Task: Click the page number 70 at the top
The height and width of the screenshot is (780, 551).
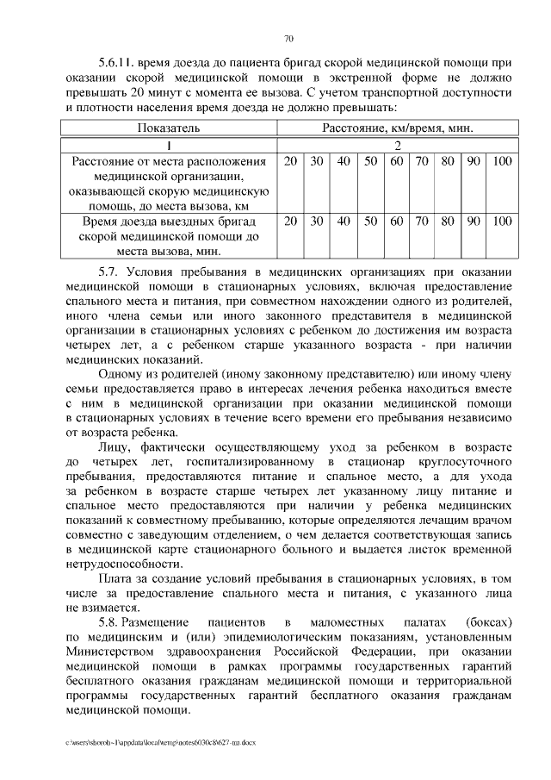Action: tap(288, 38)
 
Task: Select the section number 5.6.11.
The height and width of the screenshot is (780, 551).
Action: tap(118, 63)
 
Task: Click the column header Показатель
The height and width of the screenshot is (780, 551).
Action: tap(170, 128)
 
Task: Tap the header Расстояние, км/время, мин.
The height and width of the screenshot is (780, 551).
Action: tap(397, 128)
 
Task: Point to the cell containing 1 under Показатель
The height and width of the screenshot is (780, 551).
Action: tap(170, 144)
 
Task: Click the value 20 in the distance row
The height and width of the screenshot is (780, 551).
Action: tap(291, 161)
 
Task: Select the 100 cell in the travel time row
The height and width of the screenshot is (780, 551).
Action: tap(502, 221)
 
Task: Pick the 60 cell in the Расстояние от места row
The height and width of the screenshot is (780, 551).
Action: tap(396, 161)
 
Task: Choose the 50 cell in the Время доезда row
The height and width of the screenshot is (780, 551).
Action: tap(370, 221)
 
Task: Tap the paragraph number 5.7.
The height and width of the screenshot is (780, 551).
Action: tap(113, 271)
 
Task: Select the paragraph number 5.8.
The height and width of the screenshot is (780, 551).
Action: tap(115, 621)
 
